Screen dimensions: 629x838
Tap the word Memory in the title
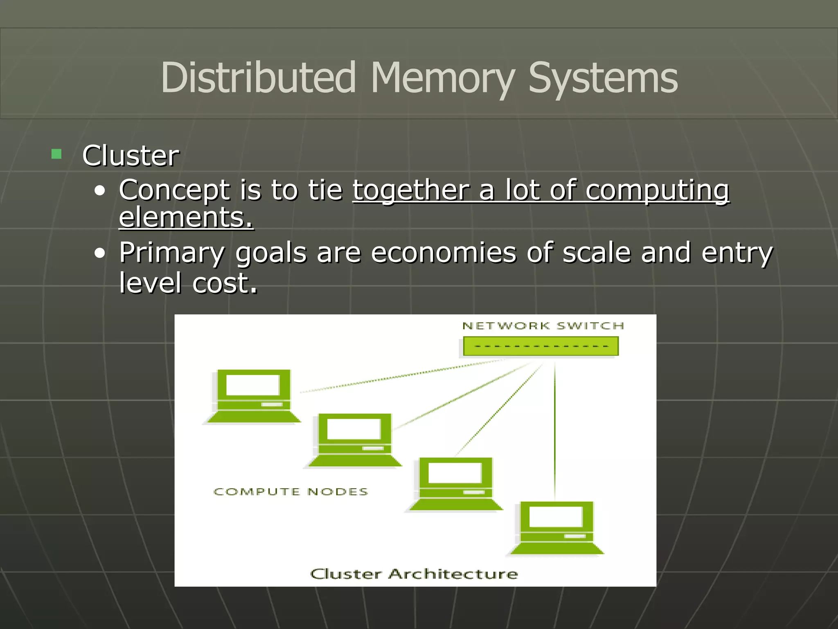pos(442,78)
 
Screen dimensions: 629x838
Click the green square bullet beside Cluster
pos(56,154)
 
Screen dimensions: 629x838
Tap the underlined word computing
pos(657,191)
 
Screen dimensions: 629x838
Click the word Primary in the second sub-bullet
pos(172,253)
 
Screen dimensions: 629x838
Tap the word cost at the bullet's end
pos(225,283)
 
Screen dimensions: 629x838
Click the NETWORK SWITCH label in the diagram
pos(543,326)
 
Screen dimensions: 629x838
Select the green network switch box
pos(541,346)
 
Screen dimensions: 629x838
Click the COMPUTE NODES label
pos(291,492)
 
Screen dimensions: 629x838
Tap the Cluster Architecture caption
pos(414,574)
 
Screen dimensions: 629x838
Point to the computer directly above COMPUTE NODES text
pos(354,440)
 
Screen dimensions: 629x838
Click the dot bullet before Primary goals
pos(99,254)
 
